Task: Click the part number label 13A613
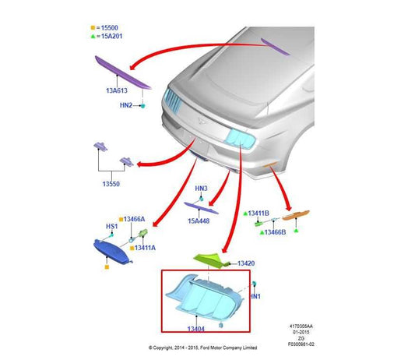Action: pyautogui.click(x=117, y=90)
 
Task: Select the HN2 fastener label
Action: pyautogui.click(x=126, y=105)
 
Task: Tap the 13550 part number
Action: pyautogui.click(x=111, y=184)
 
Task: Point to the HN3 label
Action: pyautogui.click(x=201, y=189)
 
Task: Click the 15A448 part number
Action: pyautogui.click(x=199, y=221)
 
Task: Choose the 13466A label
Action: pyautogui.click(x=134, y=219)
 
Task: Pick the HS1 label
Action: pyautogui.click(x=111, y=226)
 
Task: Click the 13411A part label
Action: pyautogui.click(x=145, y=248)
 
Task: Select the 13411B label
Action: pyautogui.click(x=258, y=214)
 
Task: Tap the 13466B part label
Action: pyautogui.click(x=276, y=232)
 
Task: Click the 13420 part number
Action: pyautogui.click(x=246, y=263)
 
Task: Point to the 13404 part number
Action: pyautogui.click(x=196, y=329)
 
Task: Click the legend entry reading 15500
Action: pyautogui.click(x=110, y=28)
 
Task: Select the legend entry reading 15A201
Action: pyautogui.click(x=112, y=36)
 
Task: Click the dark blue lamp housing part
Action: pyautogui.click(x=112, y=252)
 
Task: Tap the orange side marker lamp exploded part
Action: pyautogui.click(x=296, y=215)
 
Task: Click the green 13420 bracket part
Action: pyautogui.click(x=211, y=261)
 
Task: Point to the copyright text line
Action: pyautogui.click(x=202, y=348)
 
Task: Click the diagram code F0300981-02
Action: pyautogui.click(x=301, y=344)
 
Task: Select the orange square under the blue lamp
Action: pyautogui.click(x=107, y=267)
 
